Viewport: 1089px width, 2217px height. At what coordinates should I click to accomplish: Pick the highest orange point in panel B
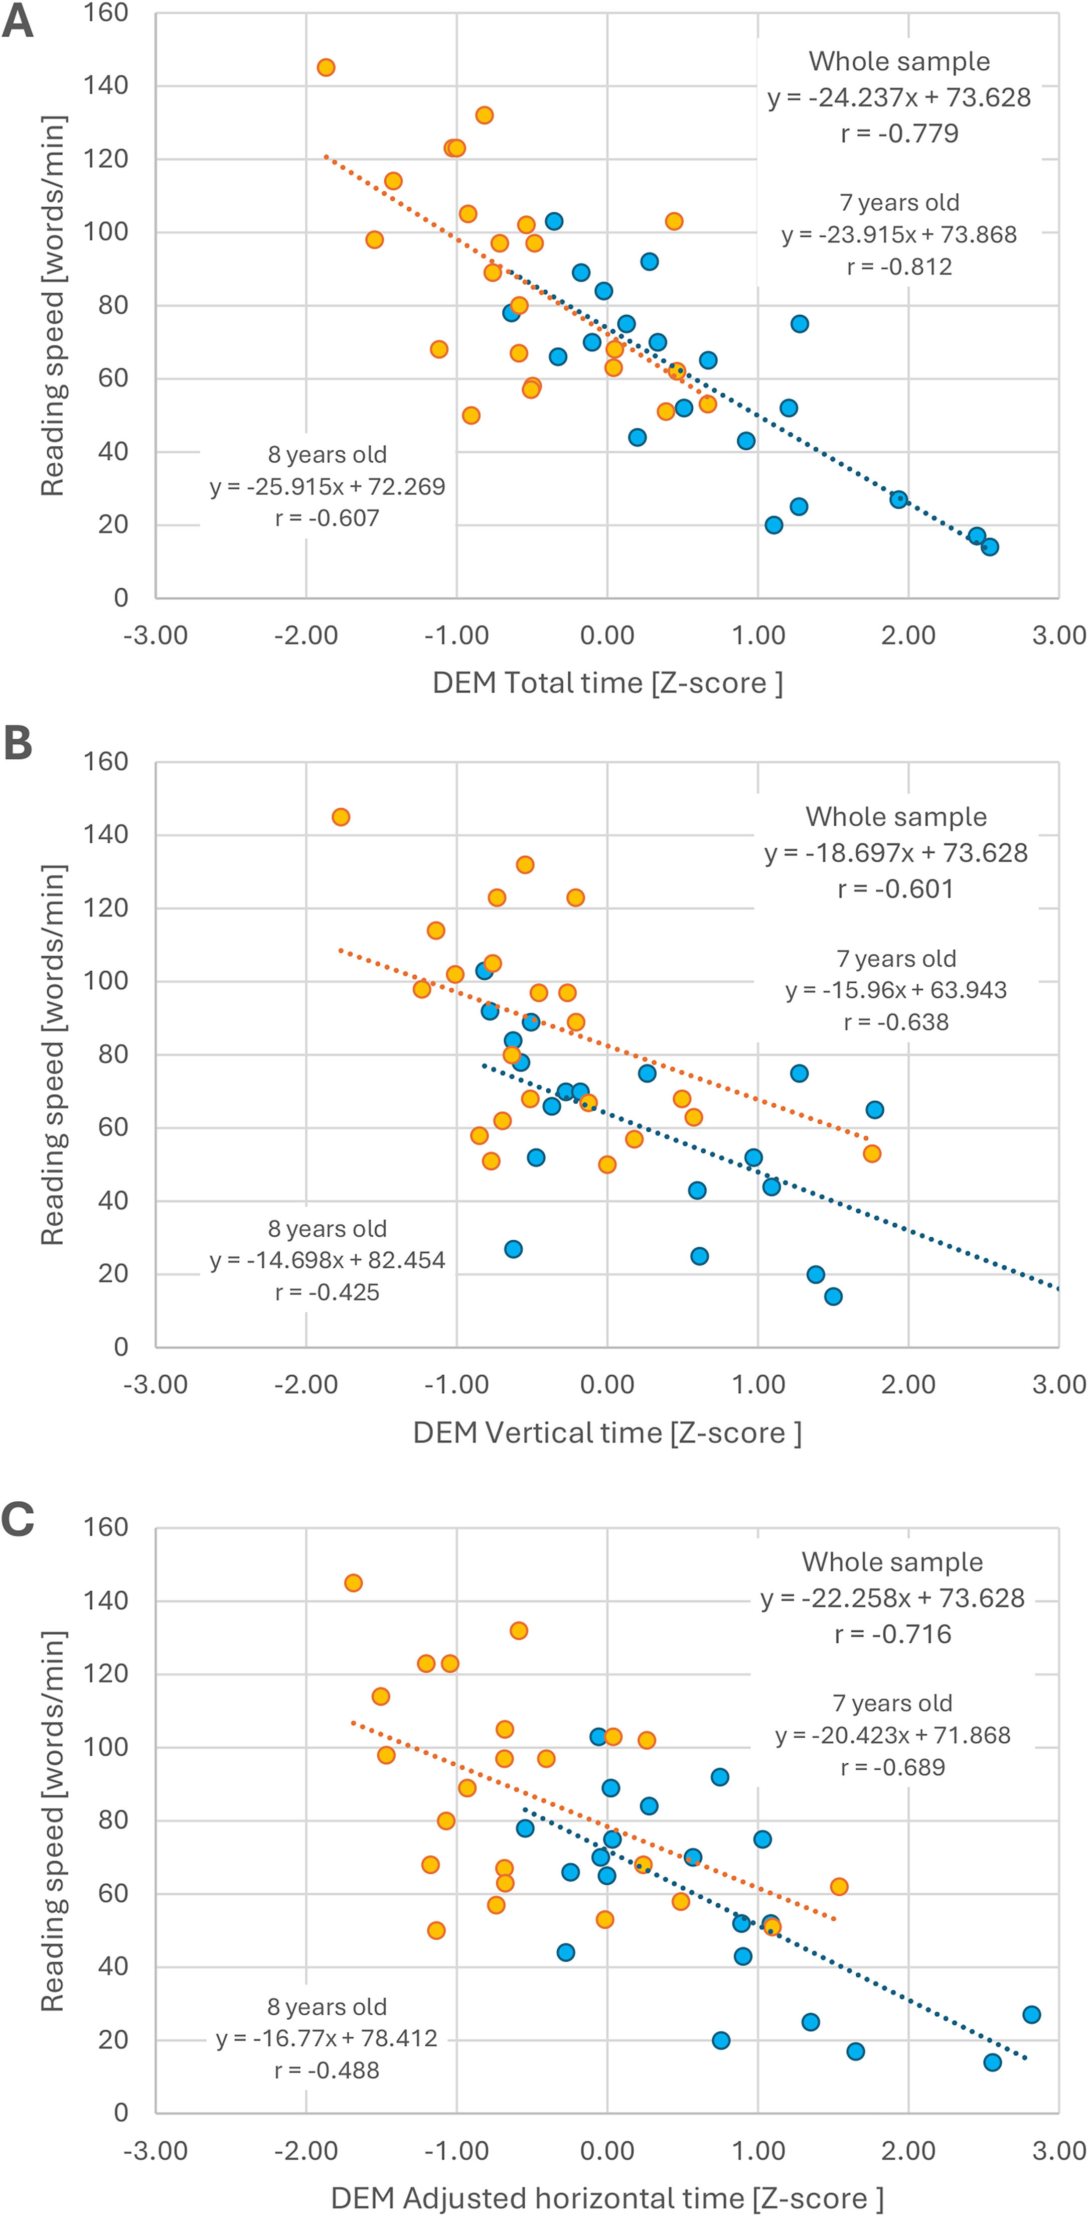point(341,817)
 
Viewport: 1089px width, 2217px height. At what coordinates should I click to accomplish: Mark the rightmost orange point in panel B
point(871,1153)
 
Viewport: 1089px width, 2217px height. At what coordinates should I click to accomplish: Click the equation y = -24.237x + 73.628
point(899,97)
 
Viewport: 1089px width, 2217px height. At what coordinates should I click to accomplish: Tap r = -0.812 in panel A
point(899,267)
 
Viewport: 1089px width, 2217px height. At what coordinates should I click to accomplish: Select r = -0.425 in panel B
point(327,1292)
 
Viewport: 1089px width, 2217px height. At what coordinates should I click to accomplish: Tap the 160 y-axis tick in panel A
point(106,13)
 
